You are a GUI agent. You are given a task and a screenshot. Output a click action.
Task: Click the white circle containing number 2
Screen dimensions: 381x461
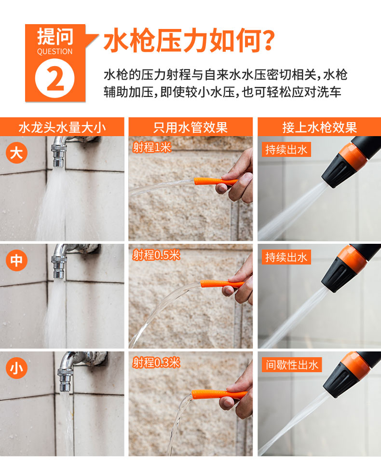coord(54,78)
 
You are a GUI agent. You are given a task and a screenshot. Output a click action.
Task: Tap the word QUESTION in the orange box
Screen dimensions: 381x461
coord(54,52)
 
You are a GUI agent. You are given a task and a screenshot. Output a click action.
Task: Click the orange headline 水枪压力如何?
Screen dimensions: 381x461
coord(189,40)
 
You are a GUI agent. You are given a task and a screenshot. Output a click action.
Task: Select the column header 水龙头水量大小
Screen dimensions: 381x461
coord(62,127)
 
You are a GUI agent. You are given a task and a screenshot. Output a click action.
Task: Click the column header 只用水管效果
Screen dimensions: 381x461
coord(190,127)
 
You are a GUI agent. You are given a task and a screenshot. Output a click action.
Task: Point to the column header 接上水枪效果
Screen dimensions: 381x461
coord(320,127)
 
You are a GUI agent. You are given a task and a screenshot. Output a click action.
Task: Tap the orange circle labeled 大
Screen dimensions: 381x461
coord(16,153)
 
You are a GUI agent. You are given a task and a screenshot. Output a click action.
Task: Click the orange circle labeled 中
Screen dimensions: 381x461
coord(16,260)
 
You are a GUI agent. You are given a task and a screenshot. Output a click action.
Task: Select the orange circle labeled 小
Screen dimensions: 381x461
coord(16,368)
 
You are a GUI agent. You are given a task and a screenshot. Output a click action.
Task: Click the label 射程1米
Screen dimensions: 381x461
coord(151,147)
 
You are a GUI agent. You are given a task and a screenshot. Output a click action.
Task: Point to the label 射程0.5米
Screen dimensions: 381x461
coord(156,255)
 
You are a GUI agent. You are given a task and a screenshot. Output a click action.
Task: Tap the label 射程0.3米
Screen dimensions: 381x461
coord(156,363)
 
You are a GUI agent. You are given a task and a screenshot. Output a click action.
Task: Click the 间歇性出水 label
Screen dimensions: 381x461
coord(292,365)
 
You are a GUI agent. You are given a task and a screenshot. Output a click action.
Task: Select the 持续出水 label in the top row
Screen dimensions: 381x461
coord(286,149)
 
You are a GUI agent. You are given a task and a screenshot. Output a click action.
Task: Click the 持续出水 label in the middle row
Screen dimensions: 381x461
coord(286,257)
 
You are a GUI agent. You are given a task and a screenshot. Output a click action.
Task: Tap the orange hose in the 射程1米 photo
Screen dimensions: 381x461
coord(215,182)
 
